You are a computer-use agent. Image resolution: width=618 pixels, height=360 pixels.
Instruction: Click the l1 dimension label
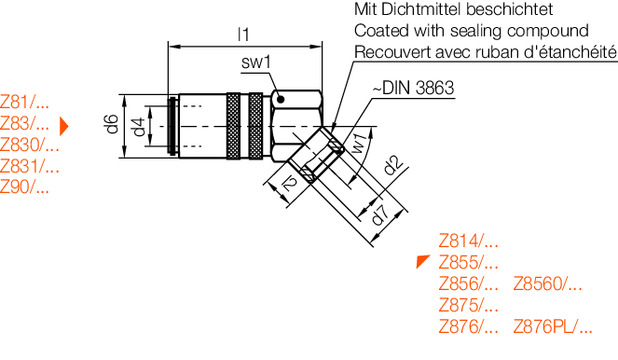pyautogui.click(x=244, y=35)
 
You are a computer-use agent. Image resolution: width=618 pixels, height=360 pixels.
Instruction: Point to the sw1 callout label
pyautogui.click(x=256, y=62)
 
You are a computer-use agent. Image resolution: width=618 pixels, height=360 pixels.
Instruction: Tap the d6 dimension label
pyautogui.click(x=112, y=124)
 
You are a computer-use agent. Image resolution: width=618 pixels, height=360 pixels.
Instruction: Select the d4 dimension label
pyautogui.click(x=139, y=127)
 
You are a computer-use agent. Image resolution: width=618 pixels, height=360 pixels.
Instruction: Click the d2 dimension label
pyautogui.click(x=394, y=165)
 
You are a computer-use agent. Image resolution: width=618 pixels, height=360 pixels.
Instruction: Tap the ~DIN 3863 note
pyautogui.click(x=413, y=88)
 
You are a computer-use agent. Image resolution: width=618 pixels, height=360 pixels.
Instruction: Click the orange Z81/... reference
pyautogui.click(x=24, y=103)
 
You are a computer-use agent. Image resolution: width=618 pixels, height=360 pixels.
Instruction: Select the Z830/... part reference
pyautogui.click(x=30, y=145)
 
